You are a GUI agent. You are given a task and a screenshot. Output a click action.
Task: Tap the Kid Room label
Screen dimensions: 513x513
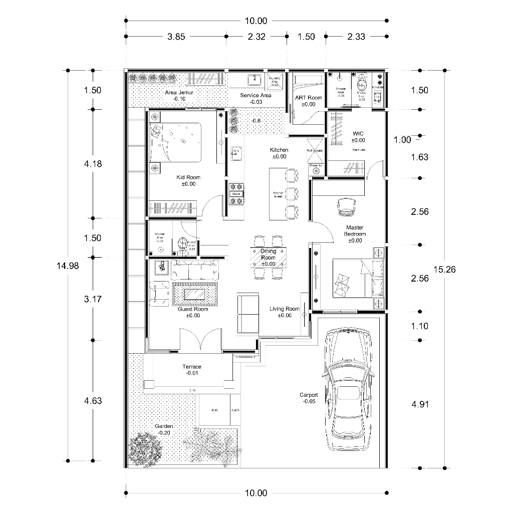(188, 180)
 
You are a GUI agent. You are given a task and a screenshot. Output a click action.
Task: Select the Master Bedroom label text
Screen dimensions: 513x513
(355, 234)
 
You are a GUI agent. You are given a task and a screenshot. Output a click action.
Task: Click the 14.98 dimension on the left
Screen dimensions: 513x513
(67, 266)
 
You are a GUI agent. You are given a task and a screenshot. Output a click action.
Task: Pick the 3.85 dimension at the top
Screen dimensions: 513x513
(176, 37)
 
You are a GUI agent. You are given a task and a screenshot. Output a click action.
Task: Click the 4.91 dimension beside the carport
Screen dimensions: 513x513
(419, 405)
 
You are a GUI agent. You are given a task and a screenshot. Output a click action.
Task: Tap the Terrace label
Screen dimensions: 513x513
(191, 370)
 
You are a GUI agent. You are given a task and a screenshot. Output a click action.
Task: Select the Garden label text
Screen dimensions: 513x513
(163, 429)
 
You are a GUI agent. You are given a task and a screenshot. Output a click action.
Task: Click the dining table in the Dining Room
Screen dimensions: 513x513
(268, 258)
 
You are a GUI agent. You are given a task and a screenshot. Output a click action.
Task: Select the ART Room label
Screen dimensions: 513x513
(308, 101)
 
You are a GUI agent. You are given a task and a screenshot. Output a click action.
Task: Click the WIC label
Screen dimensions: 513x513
(358, 137)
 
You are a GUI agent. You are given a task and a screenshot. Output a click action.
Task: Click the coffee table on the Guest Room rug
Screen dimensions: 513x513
(195, 294)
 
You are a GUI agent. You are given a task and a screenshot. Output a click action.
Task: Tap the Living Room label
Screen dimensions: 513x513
(284, 312)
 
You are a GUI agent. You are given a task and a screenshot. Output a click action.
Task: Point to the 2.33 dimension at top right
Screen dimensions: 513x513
(356, 37)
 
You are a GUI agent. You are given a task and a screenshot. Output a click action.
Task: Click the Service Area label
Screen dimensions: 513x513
(255, 98)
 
